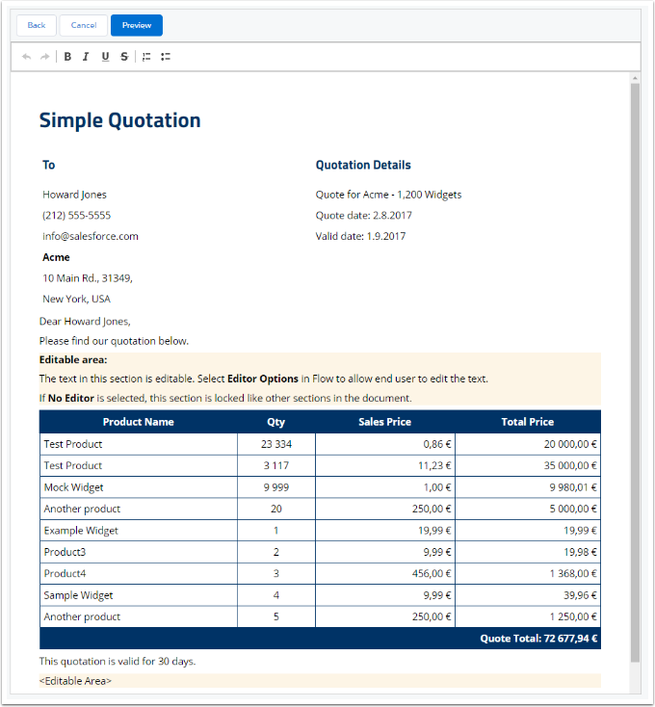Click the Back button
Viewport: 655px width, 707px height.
(37, 25)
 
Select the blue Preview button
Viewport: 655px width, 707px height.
(137, 25)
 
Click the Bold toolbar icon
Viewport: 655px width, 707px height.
(67, 57)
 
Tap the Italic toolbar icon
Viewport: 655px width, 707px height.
(86, 57)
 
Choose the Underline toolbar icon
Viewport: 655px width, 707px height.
(105, 57)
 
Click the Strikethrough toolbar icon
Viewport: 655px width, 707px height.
(124, 57)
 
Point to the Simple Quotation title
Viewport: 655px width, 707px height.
(119, 120)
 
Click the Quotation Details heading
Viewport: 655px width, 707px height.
(363, 165)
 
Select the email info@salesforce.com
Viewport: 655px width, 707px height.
(91, 236)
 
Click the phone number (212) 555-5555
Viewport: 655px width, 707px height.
(76, 215)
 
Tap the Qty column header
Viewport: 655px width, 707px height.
(275, 422)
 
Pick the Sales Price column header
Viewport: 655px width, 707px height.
(384, 422)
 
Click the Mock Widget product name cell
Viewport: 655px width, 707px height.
(73, 487)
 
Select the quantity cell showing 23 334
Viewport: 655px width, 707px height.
(275, 444)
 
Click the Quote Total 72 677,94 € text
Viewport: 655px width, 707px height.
(538, 638)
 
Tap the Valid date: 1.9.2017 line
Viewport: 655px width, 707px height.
(360, 236)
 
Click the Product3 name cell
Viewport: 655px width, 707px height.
(65, 552)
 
